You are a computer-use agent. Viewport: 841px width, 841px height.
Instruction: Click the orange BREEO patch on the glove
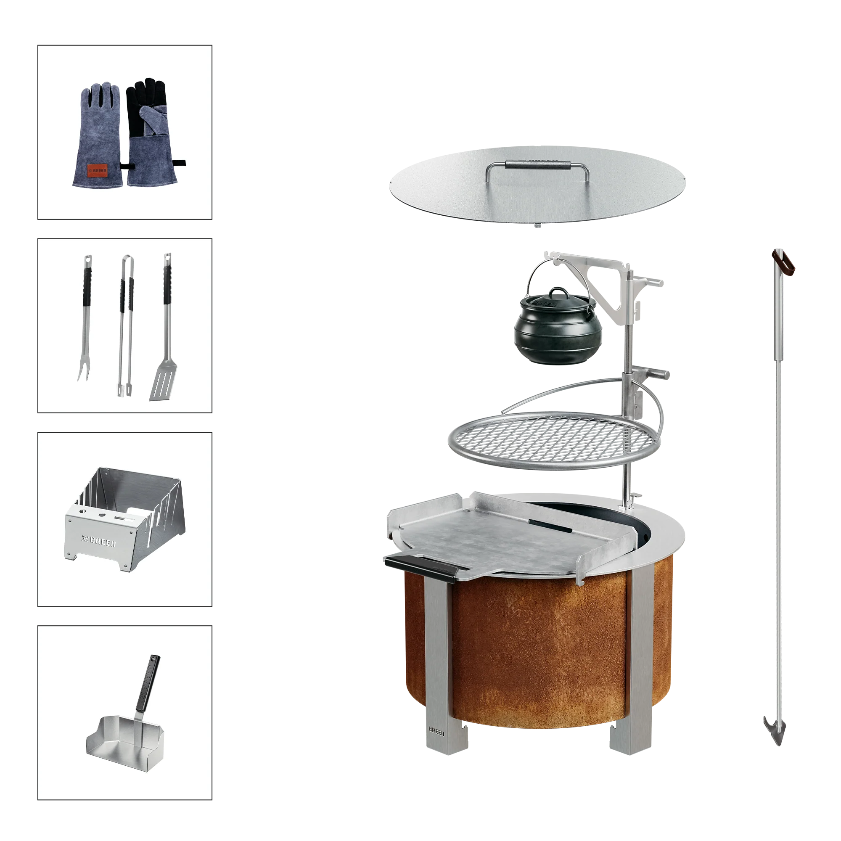tap(97, 171)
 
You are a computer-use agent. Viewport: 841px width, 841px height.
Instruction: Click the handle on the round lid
tap(537, 165)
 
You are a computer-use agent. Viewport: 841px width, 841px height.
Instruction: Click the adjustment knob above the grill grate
tap(659, 374)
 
